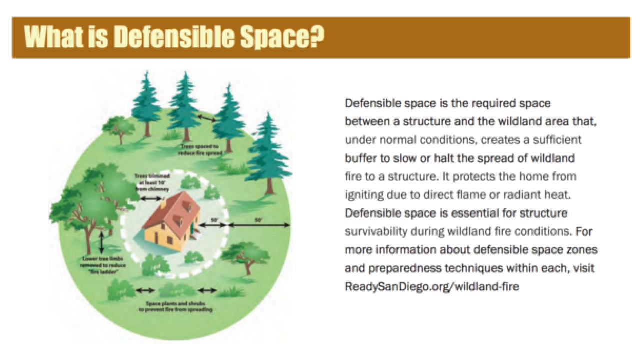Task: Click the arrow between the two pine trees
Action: [x=206, y=118]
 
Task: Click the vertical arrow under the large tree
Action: [x=102, y=243]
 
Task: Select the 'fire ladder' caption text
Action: [x=103, y=265]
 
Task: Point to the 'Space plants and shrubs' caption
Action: [x=175, y=306]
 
